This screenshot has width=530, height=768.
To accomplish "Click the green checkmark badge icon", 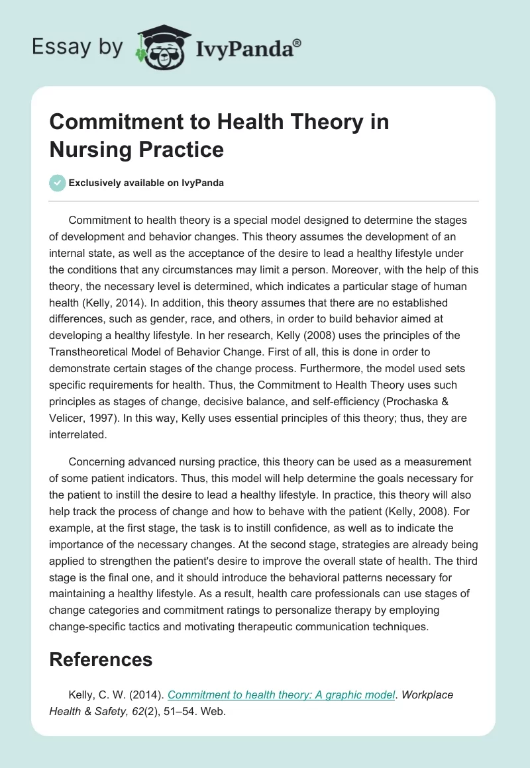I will (57, 183).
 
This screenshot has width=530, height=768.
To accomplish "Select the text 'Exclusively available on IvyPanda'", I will (146, 183).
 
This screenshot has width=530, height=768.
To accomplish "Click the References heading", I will (101, 659).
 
